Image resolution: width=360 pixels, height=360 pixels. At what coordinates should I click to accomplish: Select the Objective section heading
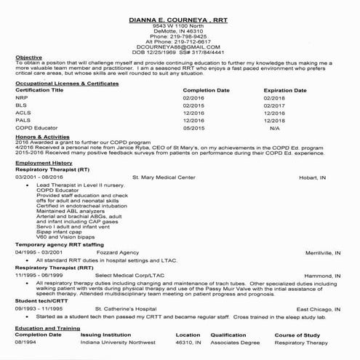28,57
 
